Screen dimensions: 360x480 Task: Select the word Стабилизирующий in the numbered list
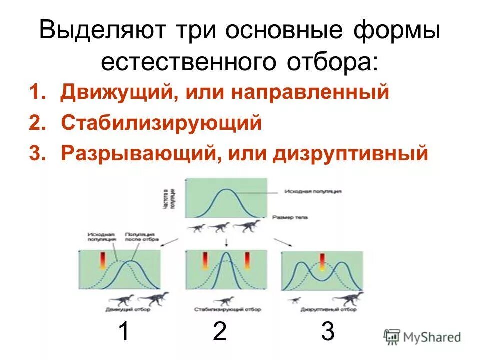coord(161,123)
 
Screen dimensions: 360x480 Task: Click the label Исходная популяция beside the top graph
coord(313,191)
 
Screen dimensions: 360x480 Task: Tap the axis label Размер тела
coord(291,217)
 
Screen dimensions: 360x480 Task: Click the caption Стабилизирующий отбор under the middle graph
coord(227,310)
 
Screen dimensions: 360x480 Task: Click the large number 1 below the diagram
coord(125,331)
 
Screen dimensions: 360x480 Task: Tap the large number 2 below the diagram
coord(220,331)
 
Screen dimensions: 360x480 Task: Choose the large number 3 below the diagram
coord(328,331)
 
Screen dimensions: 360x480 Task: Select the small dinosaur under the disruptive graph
coord(295,300)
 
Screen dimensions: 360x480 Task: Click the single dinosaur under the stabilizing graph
coord(224,300)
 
